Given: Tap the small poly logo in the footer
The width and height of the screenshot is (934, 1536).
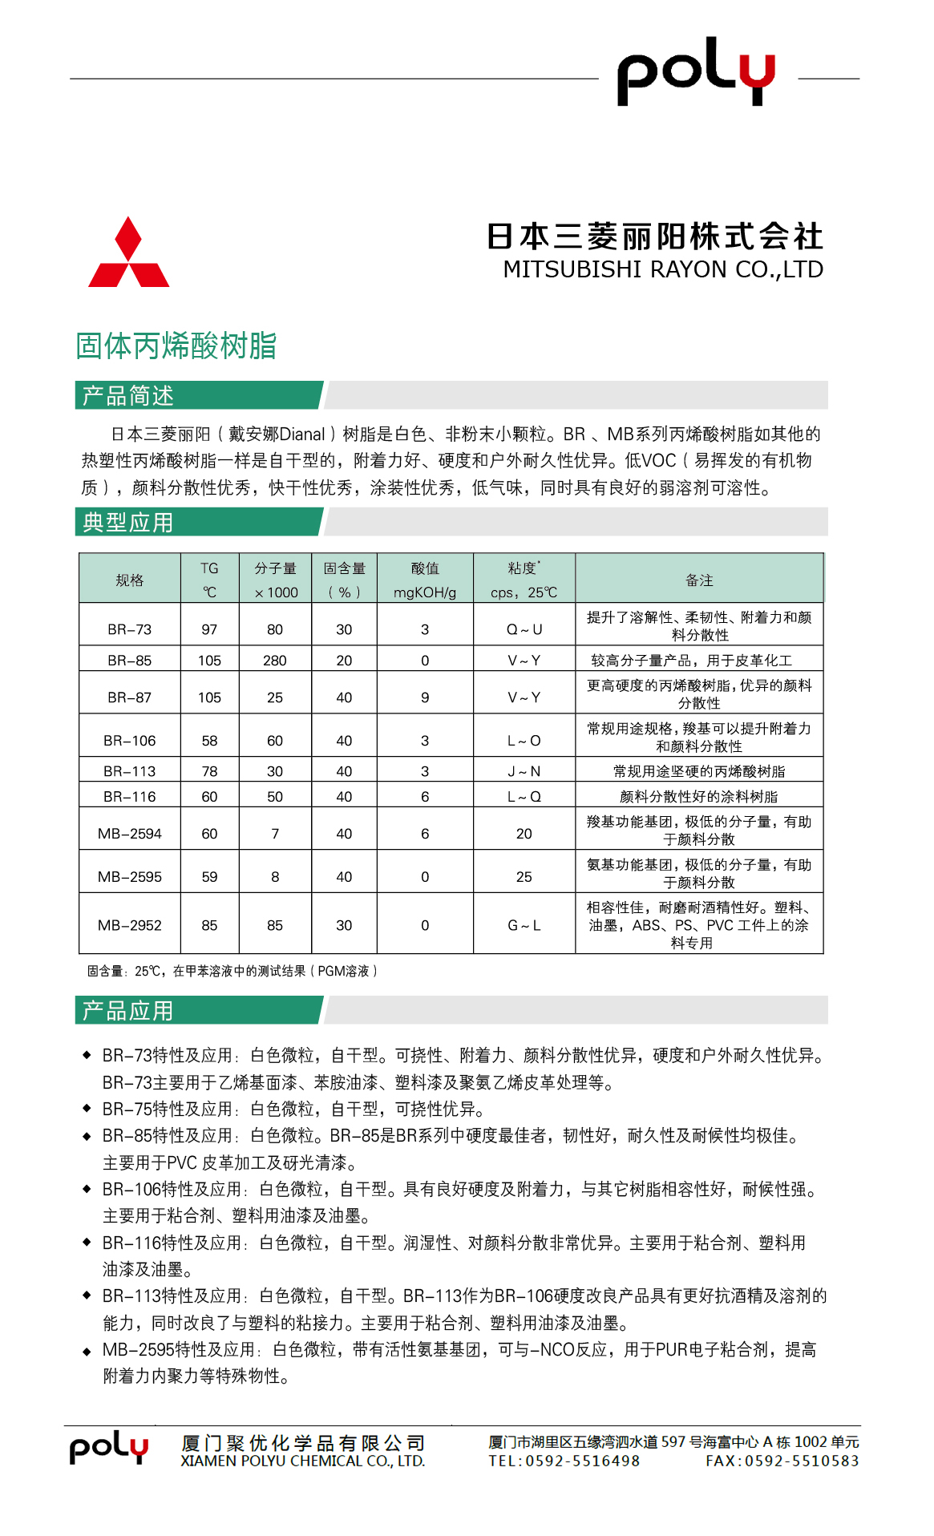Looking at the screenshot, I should click(109, 1448).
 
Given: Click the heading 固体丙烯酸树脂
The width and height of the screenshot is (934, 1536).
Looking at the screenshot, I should click(176, 346).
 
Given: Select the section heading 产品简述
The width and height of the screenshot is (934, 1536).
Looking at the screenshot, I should click(128, 395).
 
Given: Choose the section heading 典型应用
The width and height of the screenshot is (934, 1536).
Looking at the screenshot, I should click(128, 523).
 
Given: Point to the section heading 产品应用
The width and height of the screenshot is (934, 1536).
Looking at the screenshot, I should click(128, 1011).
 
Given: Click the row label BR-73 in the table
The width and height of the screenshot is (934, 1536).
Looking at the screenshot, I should click(130, 629).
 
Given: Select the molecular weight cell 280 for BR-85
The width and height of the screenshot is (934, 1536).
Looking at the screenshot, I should click(275, 661).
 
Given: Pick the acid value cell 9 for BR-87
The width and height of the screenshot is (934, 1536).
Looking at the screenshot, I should click(425, 697).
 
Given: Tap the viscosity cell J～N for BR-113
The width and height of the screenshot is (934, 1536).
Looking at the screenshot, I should click(524, 771).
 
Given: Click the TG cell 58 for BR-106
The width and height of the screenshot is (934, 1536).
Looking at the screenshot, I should click(209, 741).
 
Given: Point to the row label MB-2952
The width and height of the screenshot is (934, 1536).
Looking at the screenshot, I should click(130, 925).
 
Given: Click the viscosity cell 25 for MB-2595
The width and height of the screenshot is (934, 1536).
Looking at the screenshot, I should click(524, 877).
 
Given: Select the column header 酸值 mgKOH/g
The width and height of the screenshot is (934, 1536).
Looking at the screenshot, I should click(425, 580).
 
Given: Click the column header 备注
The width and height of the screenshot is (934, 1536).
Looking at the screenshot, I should click(699, 580).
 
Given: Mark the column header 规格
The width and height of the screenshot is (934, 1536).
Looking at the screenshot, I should click(130, 580).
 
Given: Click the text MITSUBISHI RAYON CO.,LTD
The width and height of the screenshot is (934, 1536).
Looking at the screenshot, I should click(663, 269).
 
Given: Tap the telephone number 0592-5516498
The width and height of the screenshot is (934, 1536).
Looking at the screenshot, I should click(582, 1461).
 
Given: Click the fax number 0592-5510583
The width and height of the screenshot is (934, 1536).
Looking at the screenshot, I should click(802, 1461).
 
